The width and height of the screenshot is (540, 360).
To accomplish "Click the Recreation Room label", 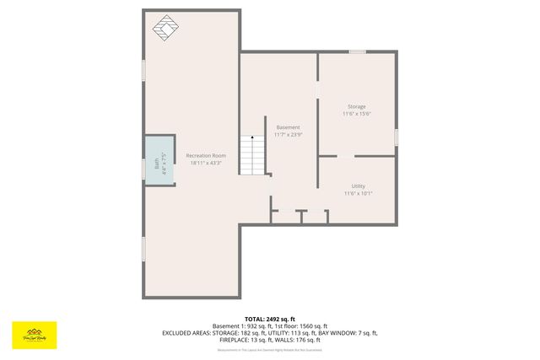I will (x=206, y=155).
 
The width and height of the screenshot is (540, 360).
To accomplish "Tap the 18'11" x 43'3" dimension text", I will (x=206, y=163).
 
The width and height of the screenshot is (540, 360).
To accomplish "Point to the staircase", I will (x=251, y=156).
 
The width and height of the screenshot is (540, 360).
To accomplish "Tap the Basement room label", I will (x=288, y=127).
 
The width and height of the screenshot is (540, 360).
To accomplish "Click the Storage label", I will (x=357, y=106).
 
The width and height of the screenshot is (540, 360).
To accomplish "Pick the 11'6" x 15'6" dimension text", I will (x=357, y=114).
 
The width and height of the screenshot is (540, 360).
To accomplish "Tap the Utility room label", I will (x=358, y=185).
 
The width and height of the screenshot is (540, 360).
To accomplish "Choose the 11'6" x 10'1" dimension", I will (x=358, y=193).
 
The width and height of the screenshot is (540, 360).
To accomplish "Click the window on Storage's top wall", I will (x=358, y=52).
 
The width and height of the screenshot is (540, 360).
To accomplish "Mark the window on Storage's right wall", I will (x=396, y=136).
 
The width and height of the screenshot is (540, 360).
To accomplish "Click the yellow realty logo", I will (x=34, y=334).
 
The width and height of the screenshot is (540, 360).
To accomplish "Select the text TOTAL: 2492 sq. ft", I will (x=270, y=319).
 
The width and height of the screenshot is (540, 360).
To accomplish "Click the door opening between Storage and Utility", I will (x=346, y=156).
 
